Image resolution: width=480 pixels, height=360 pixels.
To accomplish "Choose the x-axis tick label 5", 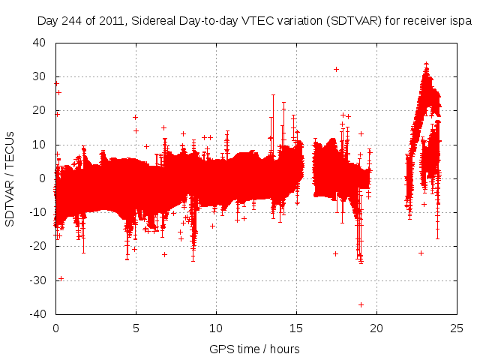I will [136, 328].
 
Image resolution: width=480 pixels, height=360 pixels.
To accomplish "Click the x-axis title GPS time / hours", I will [255, 349].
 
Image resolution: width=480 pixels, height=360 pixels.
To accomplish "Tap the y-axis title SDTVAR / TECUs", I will [10, 178].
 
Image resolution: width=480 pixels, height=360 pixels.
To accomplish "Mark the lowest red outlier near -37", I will [361, 304].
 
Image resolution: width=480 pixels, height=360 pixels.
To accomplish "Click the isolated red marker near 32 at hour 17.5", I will [336, 69].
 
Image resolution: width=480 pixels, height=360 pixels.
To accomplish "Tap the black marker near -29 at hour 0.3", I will [61, 278].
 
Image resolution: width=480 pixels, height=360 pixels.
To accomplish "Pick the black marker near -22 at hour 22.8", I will [421, 253].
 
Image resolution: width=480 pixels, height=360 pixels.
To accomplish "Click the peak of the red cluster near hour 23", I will [426, 64].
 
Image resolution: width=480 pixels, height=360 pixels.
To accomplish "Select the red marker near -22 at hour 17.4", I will [335, 253].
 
